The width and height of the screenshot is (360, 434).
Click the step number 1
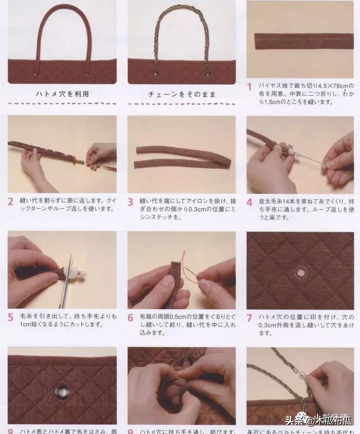[249, 87]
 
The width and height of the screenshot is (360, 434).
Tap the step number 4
[250, 202]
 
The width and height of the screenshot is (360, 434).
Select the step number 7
[250, 318]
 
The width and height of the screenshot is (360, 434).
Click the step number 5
[11, 318]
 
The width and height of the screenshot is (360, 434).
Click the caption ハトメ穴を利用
[62, 94]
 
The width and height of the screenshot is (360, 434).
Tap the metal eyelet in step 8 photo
[62, 391]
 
